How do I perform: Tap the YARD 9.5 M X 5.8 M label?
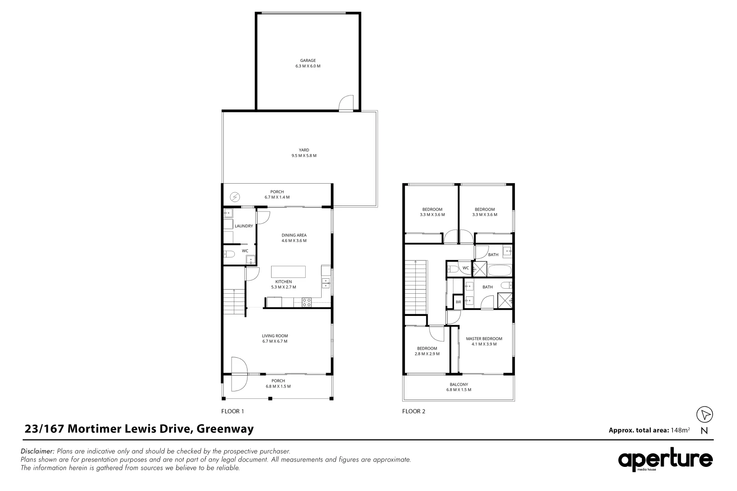pos(304,153)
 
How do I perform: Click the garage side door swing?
pos(347,103)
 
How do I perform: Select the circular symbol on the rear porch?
pos(235,197)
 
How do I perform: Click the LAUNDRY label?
pos(243,226)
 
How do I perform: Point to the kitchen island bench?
pos(288,272)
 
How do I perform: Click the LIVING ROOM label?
pos(275,339)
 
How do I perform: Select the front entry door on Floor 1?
pos(238,374)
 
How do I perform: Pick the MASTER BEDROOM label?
pos(484,341)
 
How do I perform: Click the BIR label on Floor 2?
pos(458,302)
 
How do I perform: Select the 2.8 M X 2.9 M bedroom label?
pos(427,351)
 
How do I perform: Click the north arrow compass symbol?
pos(705,414)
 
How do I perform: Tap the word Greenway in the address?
pos(225,429)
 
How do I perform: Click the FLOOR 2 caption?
pos(414,411)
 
